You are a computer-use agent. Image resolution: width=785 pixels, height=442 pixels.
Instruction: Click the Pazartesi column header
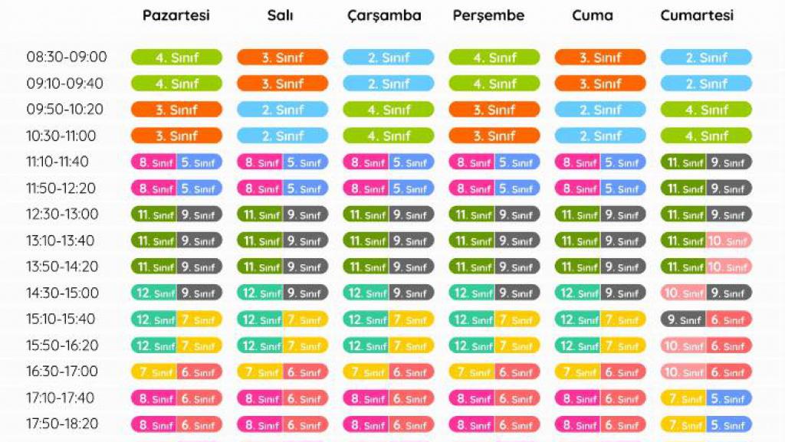(176, 15)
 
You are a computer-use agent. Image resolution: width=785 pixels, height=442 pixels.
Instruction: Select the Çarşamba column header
(384, 15)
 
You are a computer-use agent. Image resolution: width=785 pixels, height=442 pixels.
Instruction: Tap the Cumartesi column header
(697, 15)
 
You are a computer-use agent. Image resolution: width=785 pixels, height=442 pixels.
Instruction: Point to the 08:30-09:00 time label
(67, 57)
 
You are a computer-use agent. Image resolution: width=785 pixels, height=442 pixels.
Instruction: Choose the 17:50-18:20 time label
(62, 424)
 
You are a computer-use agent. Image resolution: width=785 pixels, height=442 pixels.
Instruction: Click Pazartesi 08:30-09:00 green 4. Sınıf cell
(176, 57)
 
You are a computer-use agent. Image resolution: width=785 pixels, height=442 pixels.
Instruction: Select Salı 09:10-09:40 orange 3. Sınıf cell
(282, 83)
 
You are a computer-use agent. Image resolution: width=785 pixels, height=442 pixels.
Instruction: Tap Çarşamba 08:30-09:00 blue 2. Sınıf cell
(388, 57)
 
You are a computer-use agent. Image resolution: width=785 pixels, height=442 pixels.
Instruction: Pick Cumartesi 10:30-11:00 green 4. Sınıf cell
(706, 136)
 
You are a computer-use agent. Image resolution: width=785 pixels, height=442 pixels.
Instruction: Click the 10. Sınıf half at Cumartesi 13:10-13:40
(729, 241)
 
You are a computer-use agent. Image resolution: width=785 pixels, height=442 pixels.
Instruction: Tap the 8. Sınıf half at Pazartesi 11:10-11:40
(154, 162)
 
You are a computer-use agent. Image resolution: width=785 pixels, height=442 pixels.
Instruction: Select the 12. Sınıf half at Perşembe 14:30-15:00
(471, 293)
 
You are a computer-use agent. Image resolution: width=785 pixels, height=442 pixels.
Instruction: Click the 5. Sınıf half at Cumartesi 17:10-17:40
(729, 398)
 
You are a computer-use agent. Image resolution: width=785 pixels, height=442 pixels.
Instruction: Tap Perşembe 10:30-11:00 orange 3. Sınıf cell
(494, 136)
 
